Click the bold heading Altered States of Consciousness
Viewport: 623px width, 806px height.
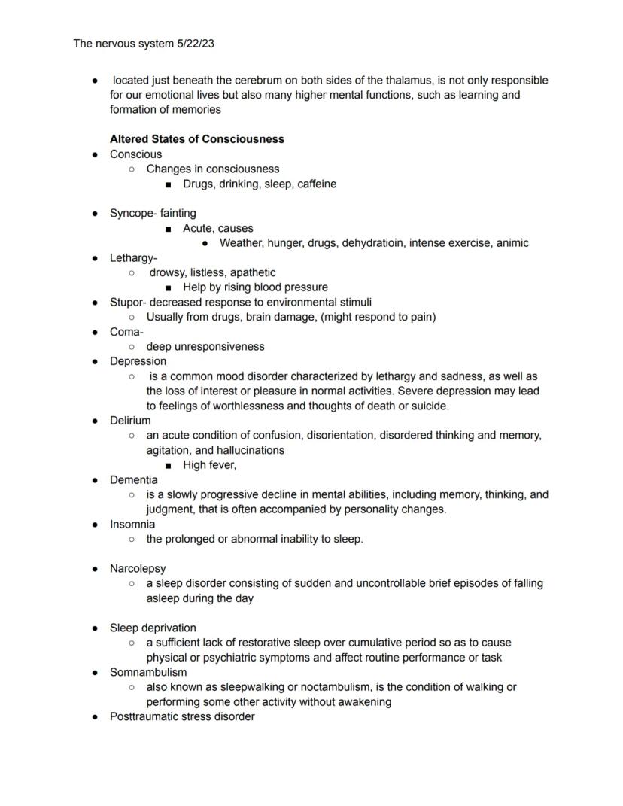196,139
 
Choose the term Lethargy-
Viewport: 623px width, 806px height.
133,257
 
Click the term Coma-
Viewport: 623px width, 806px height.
126,332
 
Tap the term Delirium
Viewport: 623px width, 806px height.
130,421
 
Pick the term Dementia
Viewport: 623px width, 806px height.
134,479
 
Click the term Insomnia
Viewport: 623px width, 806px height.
132,524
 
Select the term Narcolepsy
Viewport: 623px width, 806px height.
138,568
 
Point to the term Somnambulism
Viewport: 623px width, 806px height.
148,672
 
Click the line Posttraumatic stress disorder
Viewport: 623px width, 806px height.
182,716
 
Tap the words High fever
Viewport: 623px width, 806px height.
209,465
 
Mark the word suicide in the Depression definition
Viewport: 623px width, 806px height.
429,406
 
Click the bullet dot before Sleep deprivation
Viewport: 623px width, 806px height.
96,628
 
